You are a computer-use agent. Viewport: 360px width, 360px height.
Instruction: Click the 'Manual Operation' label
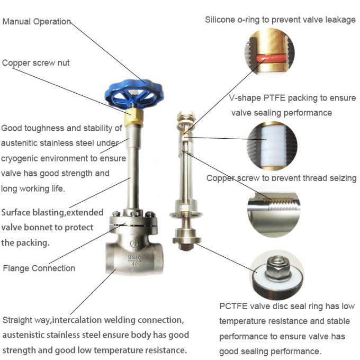(37, 22)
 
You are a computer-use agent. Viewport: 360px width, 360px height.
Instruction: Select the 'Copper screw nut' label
(36, 63)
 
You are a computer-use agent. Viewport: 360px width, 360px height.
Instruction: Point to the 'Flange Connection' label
(39, 268)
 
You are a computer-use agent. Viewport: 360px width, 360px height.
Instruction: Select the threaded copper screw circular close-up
(273, 207)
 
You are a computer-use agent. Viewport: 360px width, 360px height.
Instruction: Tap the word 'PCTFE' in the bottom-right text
(233, 306)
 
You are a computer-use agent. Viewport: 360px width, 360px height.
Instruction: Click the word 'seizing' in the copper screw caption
(341, 178)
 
